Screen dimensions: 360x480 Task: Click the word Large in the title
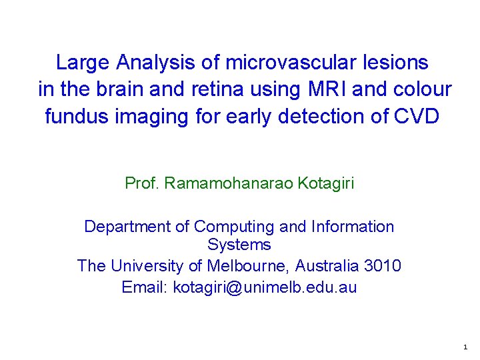pos(83,63)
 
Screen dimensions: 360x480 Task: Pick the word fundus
pos(74,116)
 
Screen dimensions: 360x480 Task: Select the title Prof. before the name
pos(142,183)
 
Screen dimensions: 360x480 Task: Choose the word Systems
pos(239,245)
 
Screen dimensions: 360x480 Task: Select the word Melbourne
pos(248,266)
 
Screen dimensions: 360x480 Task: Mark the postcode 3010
pos(383,266)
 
